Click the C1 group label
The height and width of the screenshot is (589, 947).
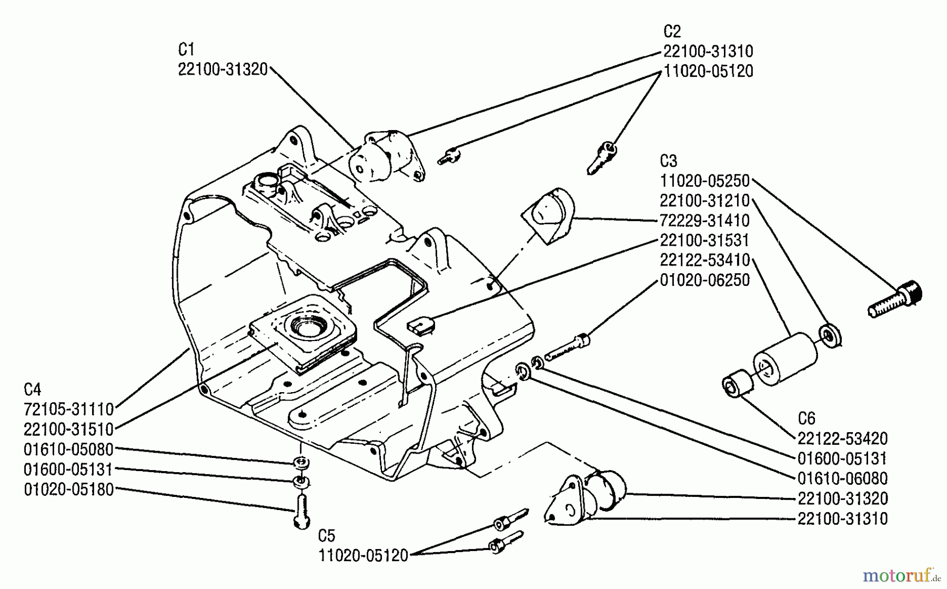[186, 49]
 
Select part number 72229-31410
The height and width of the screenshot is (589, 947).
[704, 221]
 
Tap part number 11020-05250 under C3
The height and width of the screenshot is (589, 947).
[704, 181]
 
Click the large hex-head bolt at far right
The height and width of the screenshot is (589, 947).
[895, 300]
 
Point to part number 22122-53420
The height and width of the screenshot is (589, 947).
[842, 439]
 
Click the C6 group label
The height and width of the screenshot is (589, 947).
[806, 419]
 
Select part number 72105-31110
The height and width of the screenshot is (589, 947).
[69, 410]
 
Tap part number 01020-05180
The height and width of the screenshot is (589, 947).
[69, 490]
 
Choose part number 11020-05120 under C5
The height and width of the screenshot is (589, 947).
[363, 555]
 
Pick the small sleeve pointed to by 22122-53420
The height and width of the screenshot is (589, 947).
[738, 385]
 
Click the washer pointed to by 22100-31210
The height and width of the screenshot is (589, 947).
[830, 335]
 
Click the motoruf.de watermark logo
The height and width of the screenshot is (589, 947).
[901, 575]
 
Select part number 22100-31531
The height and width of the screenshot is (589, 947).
[704, 241]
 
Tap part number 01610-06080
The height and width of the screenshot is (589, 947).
[842, 479]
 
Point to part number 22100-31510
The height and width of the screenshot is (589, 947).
[69, 430]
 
